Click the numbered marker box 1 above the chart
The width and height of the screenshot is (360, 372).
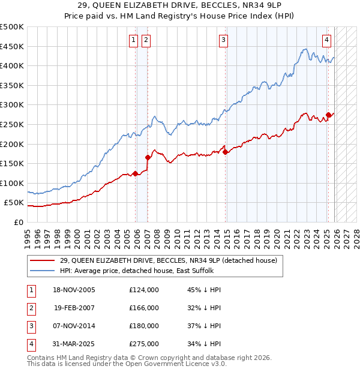tap(133, 40)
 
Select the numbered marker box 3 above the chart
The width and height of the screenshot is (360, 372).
tap(223, 40)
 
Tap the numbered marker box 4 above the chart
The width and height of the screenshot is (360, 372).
tap(326, 40)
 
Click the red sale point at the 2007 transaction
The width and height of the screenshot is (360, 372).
tap(148, 157)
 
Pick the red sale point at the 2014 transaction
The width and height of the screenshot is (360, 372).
tap(226, 152)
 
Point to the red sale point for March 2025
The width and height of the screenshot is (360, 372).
tap(328, 115)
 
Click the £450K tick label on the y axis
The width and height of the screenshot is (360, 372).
tap(13, 46)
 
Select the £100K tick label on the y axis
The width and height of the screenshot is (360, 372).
tap(13, 183)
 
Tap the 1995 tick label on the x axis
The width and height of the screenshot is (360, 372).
tap(28, 234)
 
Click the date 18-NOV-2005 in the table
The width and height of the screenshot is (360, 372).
tap(74, 290)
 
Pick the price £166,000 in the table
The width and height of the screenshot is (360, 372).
tap(144, 308)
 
